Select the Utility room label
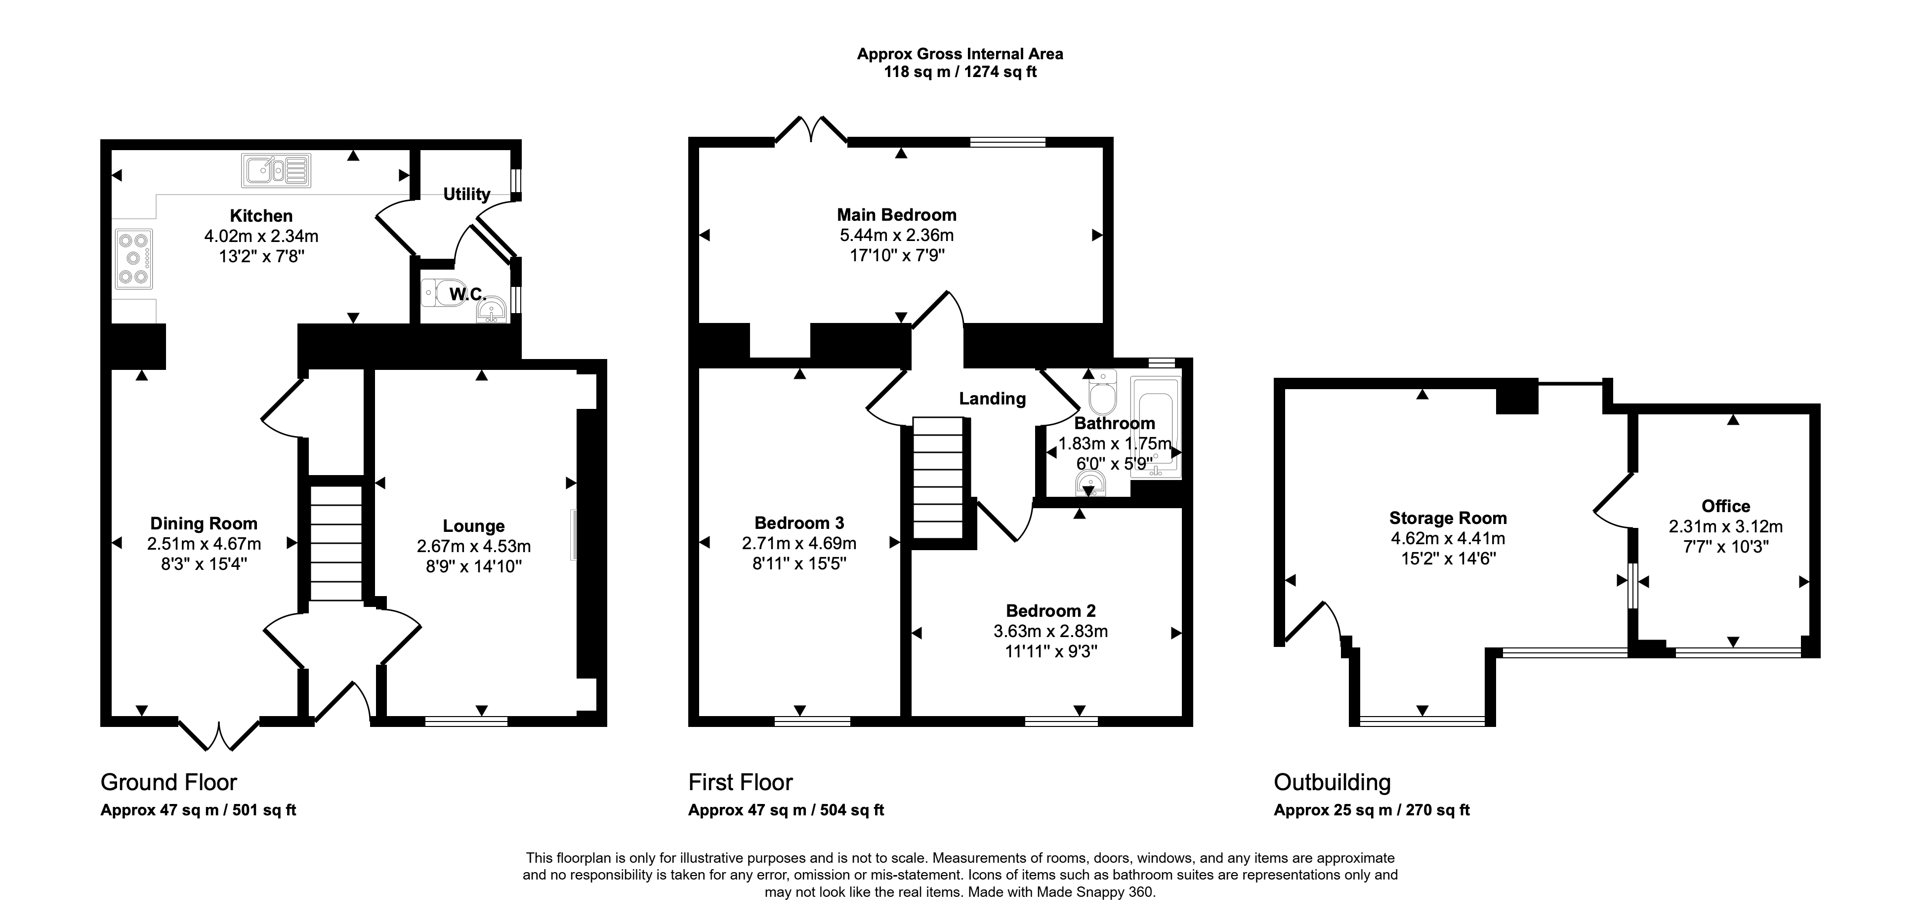[x=467, y=194]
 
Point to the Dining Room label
[x=204, y=523]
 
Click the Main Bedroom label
[x=896, y=215]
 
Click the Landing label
[x=992, y=399]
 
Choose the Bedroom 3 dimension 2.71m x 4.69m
[x=798, y=544]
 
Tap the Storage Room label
[x=1448, y=518]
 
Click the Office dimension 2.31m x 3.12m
[x=1726, y=526]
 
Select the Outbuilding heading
[x=1332, y=782]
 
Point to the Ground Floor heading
[x=168, y=782]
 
